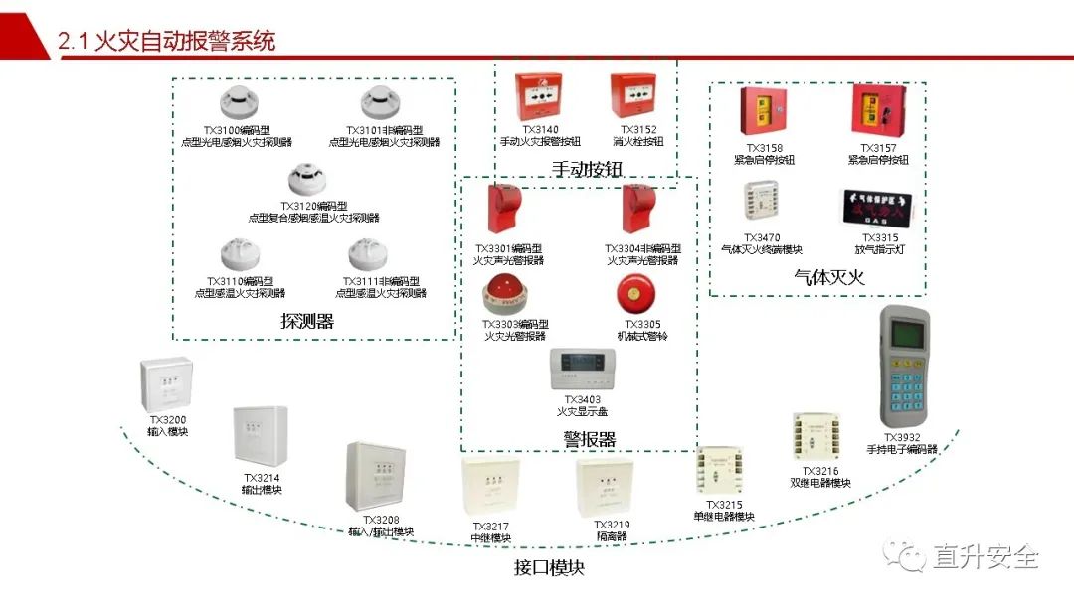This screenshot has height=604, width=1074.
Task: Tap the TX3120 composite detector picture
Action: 307,179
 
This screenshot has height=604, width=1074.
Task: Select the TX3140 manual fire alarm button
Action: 537,97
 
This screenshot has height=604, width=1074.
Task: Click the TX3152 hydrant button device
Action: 635,97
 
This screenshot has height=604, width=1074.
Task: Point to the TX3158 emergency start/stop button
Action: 763,114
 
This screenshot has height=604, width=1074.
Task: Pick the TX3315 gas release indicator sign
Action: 872,207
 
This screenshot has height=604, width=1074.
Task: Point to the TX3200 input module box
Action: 166,383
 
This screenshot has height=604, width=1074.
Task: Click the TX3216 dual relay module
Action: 817,436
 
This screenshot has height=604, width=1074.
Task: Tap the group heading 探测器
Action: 307,321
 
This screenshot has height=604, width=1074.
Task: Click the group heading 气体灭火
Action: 828,277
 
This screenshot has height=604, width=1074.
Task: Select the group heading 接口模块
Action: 549,567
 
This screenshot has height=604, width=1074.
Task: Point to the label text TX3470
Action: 761,238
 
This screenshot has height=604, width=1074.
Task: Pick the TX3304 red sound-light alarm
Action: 635,209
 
